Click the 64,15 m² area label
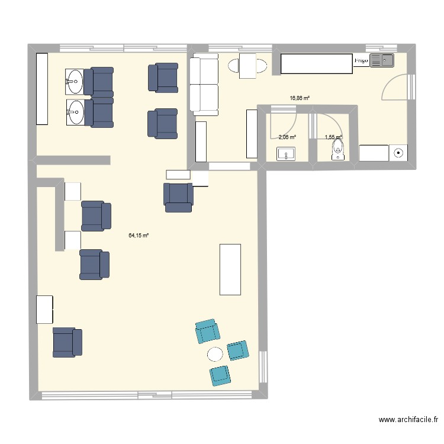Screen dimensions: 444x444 [139, 235]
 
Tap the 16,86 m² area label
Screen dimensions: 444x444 [300, 99]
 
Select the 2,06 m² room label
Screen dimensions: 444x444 [287, 137]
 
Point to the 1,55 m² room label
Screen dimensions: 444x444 [333, 137]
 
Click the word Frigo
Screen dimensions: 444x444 [361, 60]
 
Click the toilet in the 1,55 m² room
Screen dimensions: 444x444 [337, 149]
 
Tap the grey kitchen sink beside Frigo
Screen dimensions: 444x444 [382, 60]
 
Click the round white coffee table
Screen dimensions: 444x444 [215, 354]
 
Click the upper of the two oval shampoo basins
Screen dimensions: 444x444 [75, 82]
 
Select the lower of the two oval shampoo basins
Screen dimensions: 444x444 [75, 112]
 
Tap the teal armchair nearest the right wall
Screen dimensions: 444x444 [238, 350]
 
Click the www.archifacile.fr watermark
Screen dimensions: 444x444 [408, 420]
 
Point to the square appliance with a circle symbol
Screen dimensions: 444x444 [398, 153]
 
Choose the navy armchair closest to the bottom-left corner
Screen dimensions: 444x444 [67, 342]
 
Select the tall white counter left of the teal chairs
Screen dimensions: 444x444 [230, 269]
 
